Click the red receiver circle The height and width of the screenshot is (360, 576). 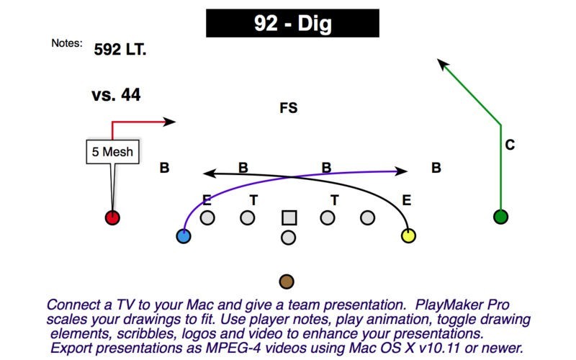tap(112, 217)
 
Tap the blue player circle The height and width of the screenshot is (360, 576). tap(184, 236)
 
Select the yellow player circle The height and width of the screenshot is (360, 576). tap(408, 236)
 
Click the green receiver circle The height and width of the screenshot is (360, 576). tap(500, 217)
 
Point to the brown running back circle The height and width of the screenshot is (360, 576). tap(287, 282)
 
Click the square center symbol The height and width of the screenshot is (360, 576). tap(289, 217)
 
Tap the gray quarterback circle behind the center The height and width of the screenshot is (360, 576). tap(289, 238)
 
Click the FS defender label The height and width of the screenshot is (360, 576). tap(289, 108)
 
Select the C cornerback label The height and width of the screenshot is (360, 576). tap(510, 145)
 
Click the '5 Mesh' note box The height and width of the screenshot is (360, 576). tap(113, 151)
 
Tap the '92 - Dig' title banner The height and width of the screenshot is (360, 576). tap(292, 23)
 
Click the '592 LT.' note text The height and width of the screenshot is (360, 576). tap(120, 49)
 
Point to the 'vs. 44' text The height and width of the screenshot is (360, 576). tap(116, 95)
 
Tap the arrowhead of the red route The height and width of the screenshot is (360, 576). tap(170, 122)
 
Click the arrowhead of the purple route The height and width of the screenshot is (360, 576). tap(401, 171)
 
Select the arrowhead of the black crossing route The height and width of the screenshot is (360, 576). tap(210, 173)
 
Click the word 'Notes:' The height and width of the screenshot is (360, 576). tap(67, 43)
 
